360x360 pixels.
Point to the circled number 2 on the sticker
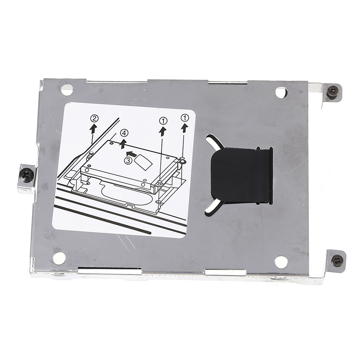(x=94, y=119)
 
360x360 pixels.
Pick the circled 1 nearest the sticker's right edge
(x=185, y=118)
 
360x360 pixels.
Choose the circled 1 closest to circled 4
(x=163, y=120)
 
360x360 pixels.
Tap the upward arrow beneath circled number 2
(x=93, y=129)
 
